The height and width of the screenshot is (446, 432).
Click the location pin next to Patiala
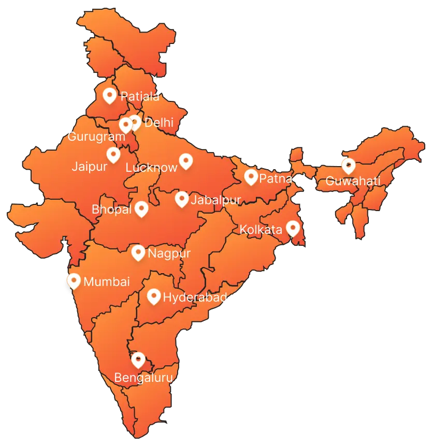click(109, 95)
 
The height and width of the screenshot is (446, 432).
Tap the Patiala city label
click(139, 96)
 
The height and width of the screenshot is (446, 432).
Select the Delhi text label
click(159, 123)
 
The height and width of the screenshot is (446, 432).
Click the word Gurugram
click(96, 137)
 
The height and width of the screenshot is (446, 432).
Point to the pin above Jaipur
click(113, 154)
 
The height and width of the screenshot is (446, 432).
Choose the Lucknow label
click(151, 168)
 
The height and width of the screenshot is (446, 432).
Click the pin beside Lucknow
click(185, 161)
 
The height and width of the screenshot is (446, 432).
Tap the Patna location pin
click(251, 177)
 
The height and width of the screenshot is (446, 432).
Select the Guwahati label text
click(353, 181)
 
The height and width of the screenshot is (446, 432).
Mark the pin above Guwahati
click(348, 166)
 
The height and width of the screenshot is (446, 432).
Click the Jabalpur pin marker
click(181, 199)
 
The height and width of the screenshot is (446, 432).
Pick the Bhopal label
click(111, 210)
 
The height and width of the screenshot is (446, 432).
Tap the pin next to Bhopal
click(141, 209)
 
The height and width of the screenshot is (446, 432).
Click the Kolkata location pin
click(293, 228)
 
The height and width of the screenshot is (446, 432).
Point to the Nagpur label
click(169, 254)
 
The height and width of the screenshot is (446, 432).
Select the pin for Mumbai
click(74, 281)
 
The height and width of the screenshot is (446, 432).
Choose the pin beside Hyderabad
click(153, 296)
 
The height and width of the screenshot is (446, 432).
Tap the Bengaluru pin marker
click(138, 359)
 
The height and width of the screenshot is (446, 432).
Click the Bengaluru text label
click(143, 378)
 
